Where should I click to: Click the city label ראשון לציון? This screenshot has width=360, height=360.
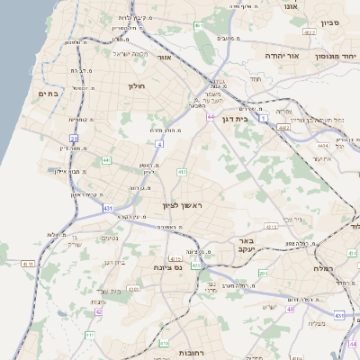[x=184, y=206]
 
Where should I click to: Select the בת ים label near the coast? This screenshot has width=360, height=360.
[x=47, y=93]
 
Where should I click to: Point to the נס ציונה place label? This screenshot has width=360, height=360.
[x=167, y=266]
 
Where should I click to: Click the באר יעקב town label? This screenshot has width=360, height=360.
[x=247, y=244]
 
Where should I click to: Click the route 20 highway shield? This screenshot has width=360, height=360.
[x=74, y=138]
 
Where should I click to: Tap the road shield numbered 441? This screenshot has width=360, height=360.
[x=106, y=160]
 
